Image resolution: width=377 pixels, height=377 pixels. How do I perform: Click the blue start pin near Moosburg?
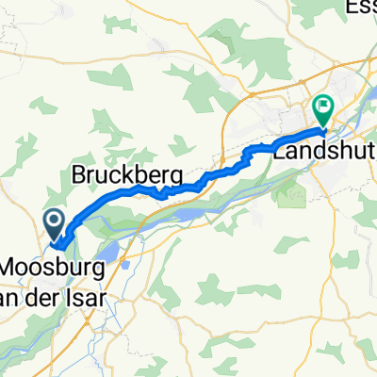pos(54,223)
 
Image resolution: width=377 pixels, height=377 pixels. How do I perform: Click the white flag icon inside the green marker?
pos(323,107)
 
